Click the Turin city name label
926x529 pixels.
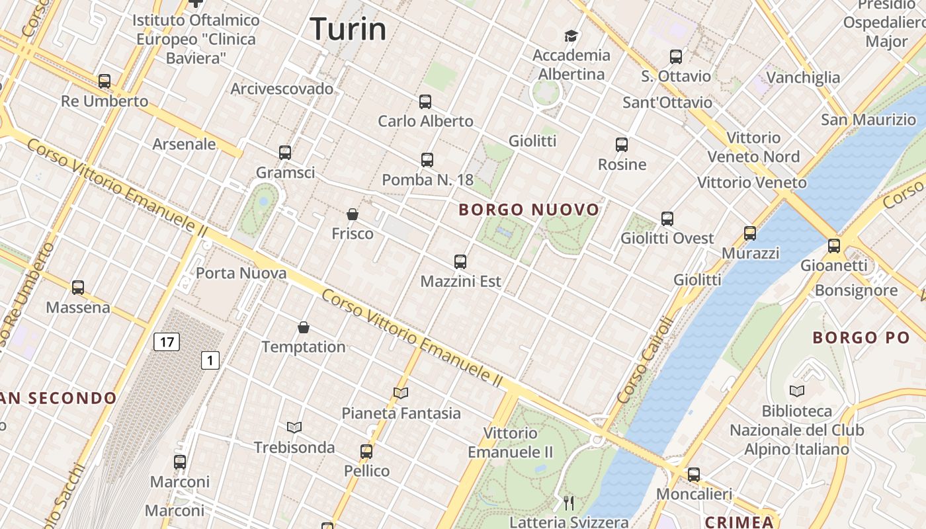pos(348,29)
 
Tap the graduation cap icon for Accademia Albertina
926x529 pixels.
pos(571,36)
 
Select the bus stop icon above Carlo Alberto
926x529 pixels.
pos(425,102)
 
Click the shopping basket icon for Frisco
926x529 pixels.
pos(353,214)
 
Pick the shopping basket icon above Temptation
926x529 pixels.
pos(304,327)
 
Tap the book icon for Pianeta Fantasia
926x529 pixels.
pos(401,393)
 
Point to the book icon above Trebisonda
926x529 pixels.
pos(294,427)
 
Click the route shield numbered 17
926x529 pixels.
pos(167,342)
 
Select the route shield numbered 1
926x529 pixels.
pos(210,360)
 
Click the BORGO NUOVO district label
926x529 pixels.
pos(529,210)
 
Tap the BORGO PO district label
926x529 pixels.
pos(861,338)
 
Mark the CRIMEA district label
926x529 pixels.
pos(739,522)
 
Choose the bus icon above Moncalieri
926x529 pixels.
pos(693,474)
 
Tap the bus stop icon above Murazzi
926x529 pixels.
pos(749,233)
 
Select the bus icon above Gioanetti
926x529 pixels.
pos(834,246)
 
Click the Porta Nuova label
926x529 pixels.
pos(241,273)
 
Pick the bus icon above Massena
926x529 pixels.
pos(78,288)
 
